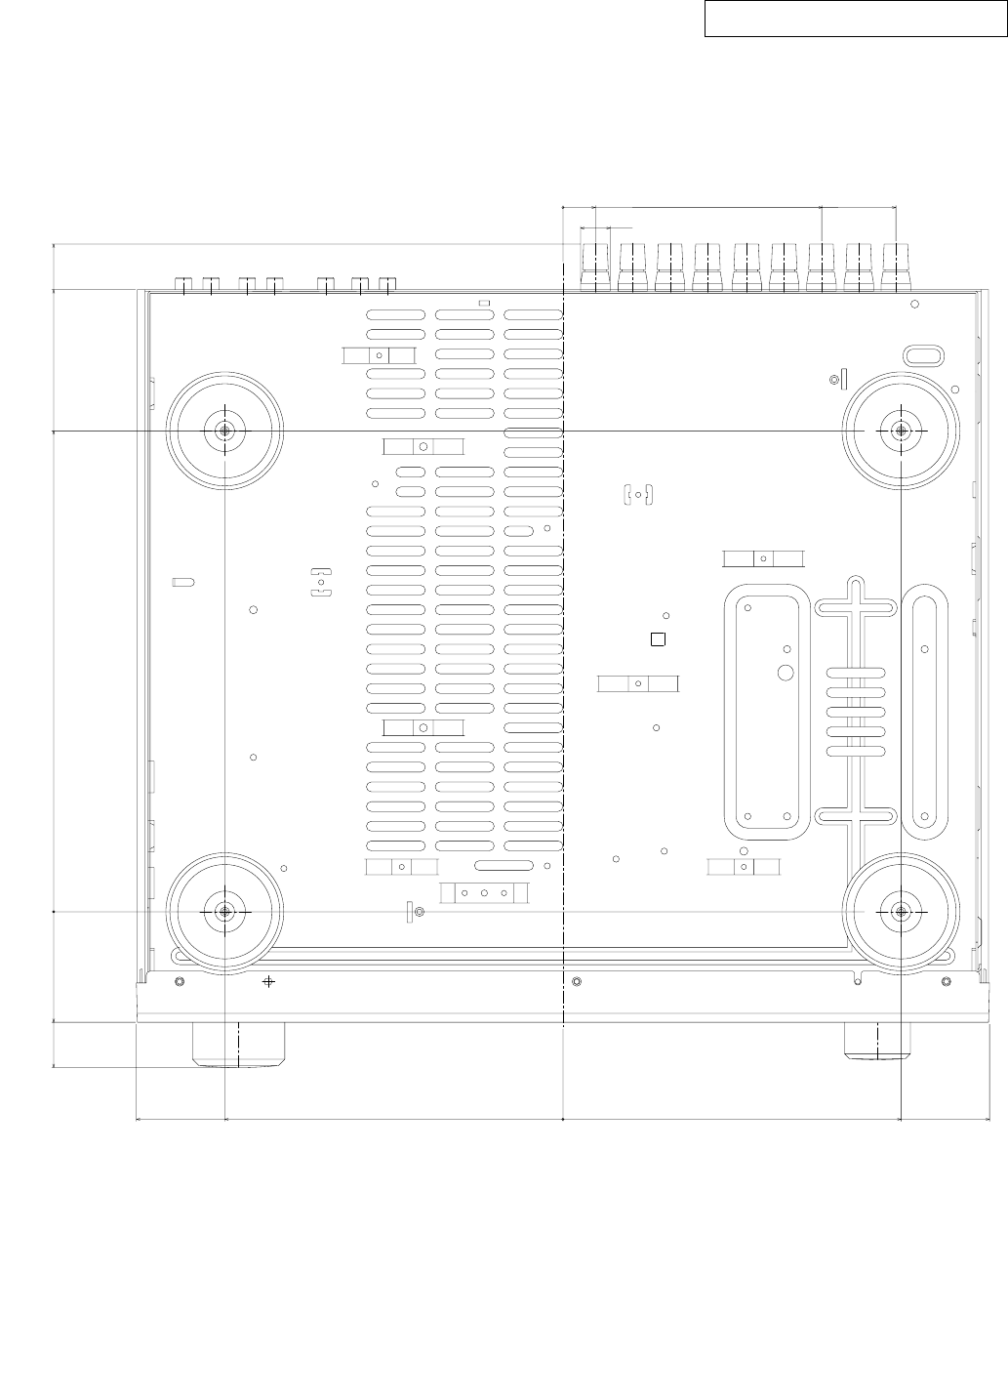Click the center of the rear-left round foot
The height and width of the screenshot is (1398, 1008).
[x=224, y=431]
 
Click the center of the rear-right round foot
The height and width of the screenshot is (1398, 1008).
[x=901, y=428]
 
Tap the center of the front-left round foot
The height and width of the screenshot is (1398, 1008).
[x=224, y=911]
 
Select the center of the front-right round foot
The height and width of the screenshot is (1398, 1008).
[x=901, y=911]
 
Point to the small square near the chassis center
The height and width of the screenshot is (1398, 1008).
[x=658, y=639]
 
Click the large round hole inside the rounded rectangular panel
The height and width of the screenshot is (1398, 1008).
[x=786, y=673]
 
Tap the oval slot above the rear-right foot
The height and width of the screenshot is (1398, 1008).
[x=923, y=353]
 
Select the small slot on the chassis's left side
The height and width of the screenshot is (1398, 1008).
[x=182, y=583]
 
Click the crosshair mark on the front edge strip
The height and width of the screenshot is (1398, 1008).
[x=269, y=980]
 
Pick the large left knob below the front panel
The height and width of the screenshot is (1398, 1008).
[x=240, y=1044]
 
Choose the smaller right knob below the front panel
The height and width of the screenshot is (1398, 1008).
[x=875, y=1041]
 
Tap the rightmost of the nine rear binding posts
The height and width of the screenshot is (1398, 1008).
[x=896, y=267]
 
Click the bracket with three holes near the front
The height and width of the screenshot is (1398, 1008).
[x=484, y=892]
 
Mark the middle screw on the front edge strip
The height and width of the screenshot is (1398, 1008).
[x=576, y=980]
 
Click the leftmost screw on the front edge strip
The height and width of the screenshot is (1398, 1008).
[x=179, y=980]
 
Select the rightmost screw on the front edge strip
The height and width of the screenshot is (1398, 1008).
[x=945, y=980]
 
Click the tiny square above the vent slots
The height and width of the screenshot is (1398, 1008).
[x=482, y=303]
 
